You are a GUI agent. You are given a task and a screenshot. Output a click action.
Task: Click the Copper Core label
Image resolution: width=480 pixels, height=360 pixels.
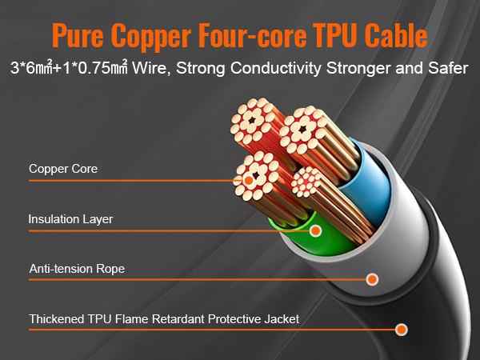click(x=63, y=169)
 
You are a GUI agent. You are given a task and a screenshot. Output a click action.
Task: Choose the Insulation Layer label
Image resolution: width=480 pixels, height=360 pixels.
click(x=70, y=218)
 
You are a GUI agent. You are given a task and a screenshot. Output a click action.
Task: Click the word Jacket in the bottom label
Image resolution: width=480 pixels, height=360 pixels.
click(x=281, y=318)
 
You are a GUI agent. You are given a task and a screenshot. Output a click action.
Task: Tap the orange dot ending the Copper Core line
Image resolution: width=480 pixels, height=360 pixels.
click(x=248, y=181)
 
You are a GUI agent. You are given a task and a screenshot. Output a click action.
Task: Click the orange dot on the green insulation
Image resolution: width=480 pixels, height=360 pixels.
click(x=315, y=231)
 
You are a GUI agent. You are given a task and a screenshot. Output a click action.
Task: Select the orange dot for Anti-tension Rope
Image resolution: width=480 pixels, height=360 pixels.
click(x=371, y=279)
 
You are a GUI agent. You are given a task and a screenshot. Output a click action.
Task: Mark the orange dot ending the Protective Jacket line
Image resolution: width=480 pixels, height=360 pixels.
click(x=402, y=329)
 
